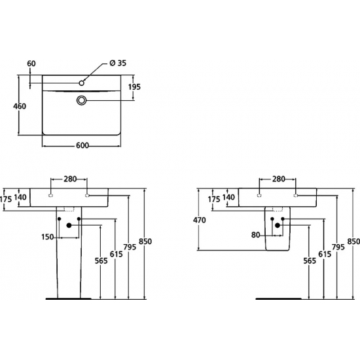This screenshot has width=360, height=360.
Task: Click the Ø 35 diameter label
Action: point(117,63)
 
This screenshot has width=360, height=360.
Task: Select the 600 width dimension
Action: point(82,146)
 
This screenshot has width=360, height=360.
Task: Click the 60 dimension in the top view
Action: point(31,63)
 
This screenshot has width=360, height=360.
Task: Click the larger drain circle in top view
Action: point(82,100)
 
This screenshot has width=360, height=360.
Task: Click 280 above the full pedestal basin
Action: point(71,178)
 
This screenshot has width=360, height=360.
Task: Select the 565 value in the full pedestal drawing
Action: point(101,261)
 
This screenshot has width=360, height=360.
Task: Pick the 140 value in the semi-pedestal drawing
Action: point(230,196)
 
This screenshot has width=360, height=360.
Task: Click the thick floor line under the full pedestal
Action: point(69,298)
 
